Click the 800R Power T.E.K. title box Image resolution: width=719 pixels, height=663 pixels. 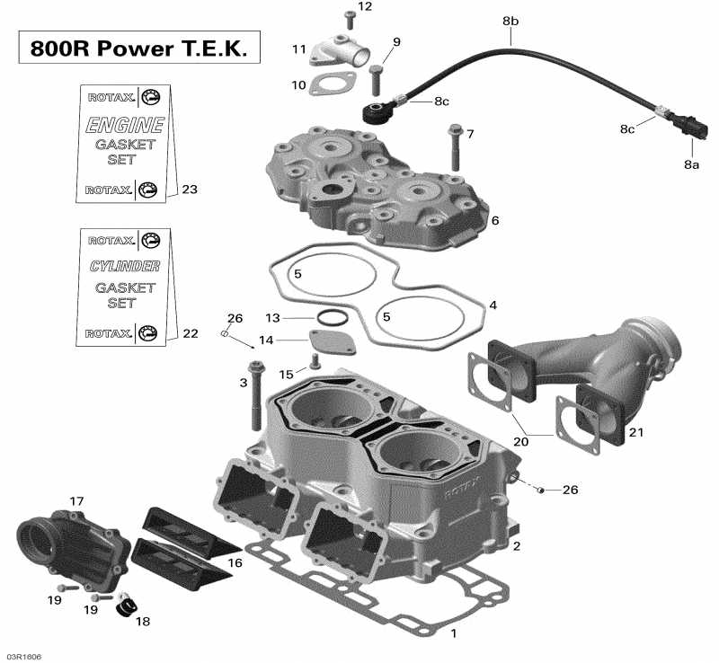pyautogui.click(x=139, y=48)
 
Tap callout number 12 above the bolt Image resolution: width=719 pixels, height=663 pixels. pyautogui.click(x=364, y=6)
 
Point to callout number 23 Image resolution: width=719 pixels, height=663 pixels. pyautogui.click(x=189, y=190)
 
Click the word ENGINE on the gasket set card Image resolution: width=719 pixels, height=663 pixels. pyautogui.click(x=125, y=126)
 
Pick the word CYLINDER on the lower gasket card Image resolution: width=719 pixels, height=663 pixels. pyautogui.click(x=125, y=267)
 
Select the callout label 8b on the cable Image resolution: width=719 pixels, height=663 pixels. pyautogui.click(x=510, y=20)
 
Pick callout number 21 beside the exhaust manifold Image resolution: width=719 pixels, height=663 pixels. pyautogui.click(x=636, y=433)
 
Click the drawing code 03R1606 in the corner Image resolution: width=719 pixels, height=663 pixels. pyautogui.click(x=22, y=656)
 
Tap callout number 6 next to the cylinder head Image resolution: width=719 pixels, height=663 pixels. pyautogui.click(x=495, y=220)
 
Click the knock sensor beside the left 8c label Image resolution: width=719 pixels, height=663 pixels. pyautogui.click(x=373, y=115)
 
